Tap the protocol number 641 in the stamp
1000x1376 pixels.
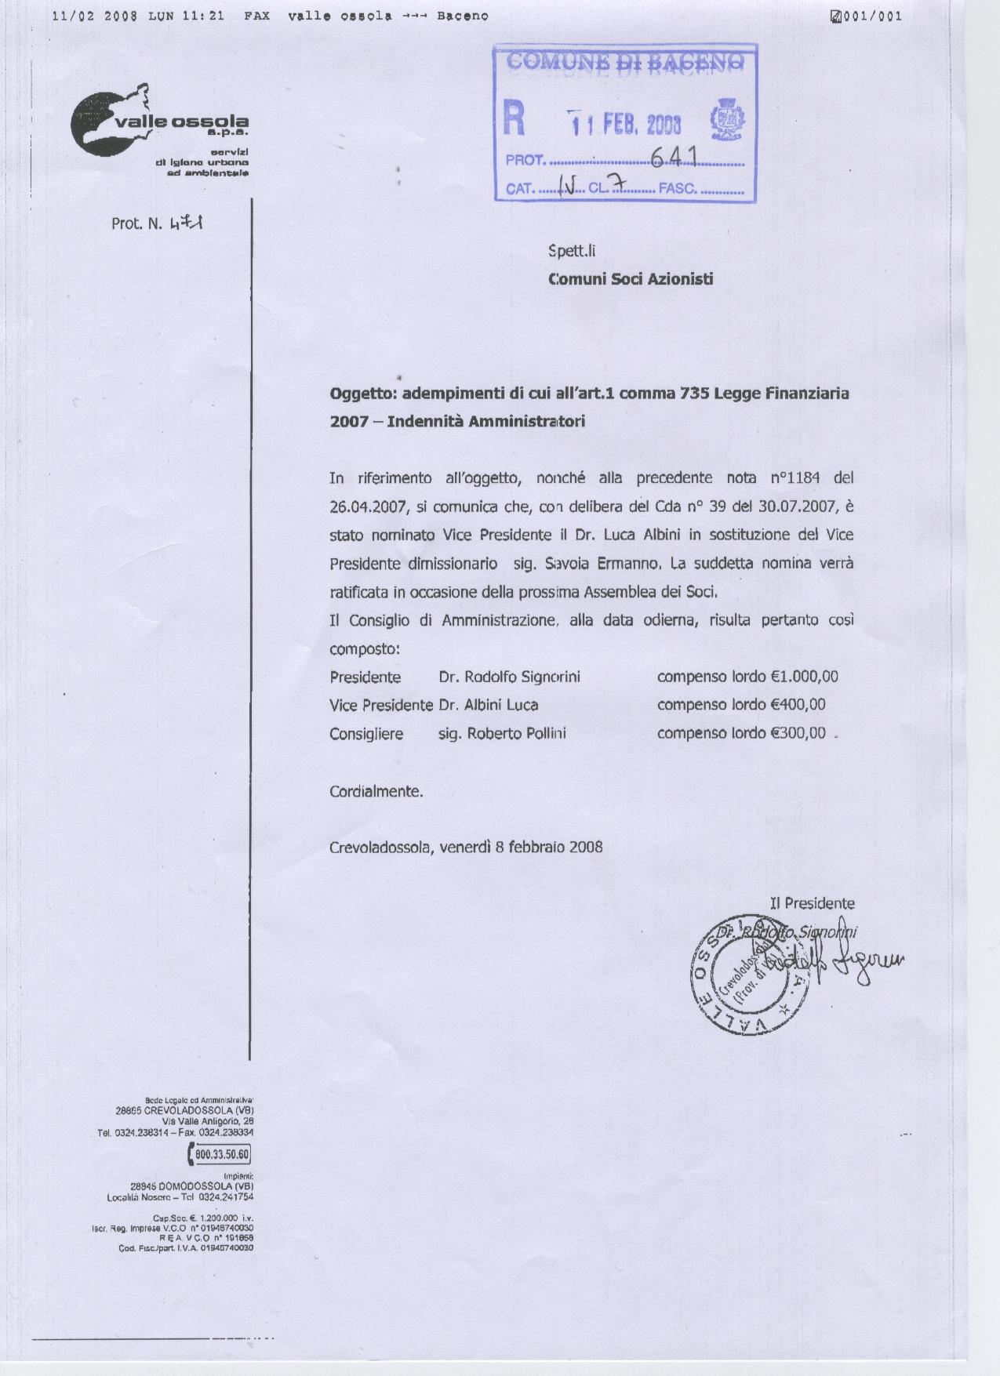pos(674,156)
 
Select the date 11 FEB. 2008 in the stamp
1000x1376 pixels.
pos(625,124)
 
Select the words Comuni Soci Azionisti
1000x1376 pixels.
pos(631,278)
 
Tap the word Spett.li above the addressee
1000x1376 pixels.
pos(572,251)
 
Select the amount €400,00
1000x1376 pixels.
pos(798,704)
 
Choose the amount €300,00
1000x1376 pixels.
pos(798,733)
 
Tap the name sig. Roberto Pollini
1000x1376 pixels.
pos(502,734)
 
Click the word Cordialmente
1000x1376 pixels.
pos(376,791)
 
